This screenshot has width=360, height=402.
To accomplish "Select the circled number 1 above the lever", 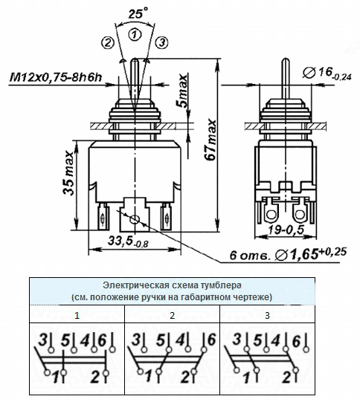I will (x=133, y=34).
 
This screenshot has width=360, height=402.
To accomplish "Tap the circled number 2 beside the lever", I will (x=109, y=43).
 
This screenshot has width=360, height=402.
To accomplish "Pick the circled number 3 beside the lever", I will (x=161, y=43).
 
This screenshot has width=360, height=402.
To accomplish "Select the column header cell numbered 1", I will (x=77, y=316).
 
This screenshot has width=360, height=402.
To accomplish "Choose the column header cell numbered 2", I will (x=172, y=316).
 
